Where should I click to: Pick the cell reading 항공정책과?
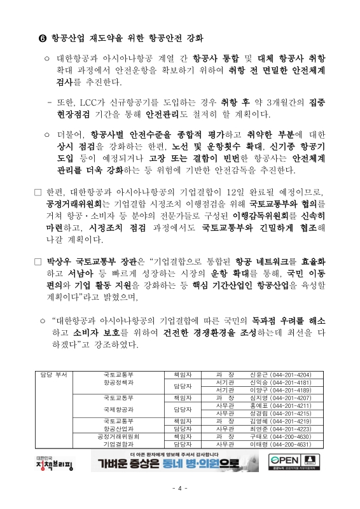[x=119, y=384]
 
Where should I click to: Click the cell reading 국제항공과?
[x=119, y=410]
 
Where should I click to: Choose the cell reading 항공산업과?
[x=119, y=429]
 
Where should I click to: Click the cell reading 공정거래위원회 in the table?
[x=119, y=437]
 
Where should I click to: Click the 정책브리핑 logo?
[x=55, y=463]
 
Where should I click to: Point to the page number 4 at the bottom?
[x=180, y=488]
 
